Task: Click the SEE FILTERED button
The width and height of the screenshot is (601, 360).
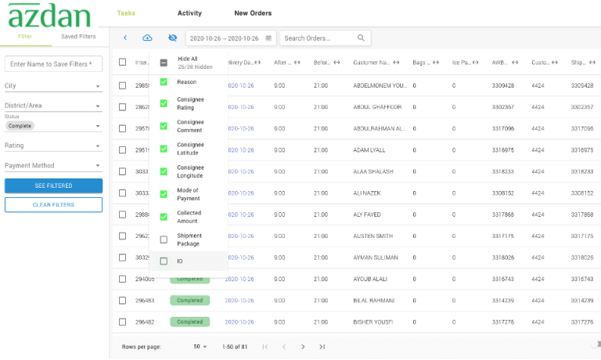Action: point(53,185)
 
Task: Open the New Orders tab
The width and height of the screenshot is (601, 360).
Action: point(253,13)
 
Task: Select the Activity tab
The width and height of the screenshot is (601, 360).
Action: point(189,13)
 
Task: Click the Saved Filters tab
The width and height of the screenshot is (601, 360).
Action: point(78,37)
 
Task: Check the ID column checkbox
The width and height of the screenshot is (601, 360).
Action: point(164,261)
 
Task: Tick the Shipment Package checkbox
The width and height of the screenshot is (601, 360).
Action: point(164,239)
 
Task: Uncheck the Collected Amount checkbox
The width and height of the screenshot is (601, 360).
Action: point(164,217)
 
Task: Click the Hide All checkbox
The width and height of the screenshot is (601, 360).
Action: point(164,63)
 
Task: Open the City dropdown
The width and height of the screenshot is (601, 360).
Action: point(53,86)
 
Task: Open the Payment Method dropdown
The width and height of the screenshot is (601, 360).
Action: point(53,165)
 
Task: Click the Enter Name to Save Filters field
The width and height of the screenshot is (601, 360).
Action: point(53,63)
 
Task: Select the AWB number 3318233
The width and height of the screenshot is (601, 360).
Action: point(502,171)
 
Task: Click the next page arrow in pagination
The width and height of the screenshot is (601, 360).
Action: point(303,347)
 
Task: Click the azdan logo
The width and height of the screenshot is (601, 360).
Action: point(50,16)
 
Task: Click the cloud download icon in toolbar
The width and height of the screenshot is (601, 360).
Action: point(147,38)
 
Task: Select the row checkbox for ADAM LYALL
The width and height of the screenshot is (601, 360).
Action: point(122,149)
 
